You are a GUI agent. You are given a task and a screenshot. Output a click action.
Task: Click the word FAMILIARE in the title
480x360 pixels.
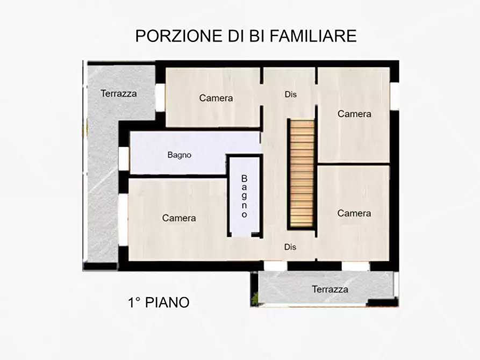coord(312,36)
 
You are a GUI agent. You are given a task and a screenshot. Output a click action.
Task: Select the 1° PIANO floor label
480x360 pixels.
coord(159,303)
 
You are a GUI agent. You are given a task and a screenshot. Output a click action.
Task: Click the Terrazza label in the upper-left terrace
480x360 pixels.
coord(119,93)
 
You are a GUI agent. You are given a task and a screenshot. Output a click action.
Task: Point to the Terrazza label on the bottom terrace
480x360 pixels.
coord(330,289)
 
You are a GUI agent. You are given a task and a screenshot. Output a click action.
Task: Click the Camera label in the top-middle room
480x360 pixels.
coord(216,98)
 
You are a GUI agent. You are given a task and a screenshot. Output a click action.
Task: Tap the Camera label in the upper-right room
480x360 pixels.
coord(354,114)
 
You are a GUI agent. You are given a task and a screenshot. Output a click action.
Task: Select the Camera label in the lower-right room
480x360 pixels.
coord(354,213)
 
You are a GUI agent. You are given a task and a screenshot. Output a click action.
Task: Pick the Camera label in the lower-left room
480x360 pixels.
coord(179,218)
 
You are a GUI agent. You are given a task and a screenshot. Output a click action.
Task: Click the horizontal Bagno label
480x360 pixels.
coord(180,155)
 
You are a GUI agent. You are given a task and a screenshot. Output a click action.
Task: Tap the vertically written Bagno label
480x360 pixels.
coord(244,196)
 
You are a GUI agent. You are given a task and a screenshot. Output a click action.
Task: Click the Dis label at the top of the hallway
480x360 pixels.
coord(291,95)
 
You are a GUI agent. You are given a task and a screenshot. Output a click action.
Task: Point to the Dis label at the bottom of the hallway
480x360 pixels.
coord(291,247)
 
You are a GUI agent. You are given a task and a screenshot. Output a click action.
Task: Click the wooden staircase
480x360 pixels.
coord(302,173)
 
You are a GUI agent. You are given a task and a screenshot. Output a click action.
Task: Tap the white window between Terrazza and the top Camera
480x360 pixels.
coord(160,97)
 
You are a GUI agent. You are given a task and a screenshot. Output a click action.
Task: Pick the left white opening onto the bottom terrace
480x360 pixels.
coord(276,266)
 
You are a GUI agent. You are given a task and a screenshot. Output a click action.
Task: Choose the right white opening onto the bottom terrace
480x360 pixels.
coord(355,266)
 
